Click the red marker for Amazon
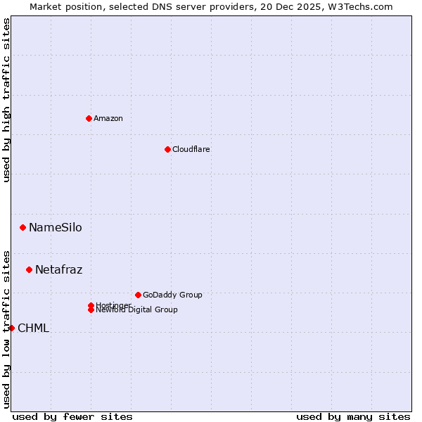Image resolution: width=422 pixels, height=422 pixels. click(x=89, y=118)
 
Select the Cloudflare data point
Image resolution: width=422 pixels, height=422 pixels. click(x=167, y=149)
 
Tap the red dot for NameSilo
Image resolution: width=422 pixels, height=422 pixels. click(x=23, y=227)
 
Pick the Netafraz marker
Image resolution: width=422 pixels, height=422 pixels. click(x=29, y=269)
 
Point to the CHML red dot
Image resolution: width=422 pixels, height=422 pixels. click(x=11, y=328)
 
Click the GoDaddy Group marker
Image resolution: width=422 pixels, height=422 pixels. click(x=138, y=295)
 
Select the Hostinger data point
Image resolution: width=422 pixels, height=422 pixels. click(x=91, y=305)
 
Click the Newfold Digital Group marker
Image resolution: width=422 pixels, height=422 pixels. click(x=91, y=310)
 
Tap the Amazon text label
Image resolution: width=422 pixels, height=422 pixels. click(x=108, y=118)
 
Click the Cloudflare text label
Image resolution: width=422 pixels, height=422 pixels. click(x=191, y=149)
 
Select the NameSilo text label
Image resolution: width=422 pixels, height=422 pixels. click(x=55, y=227)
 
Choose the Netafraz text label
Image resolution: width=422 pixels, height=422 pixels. click(x=58, y=269)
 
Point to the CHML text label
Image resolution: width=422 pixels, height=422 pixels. click(x=33, y=328)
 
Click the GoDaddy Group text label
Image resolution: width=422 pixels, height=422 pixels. click(x=172, y=295)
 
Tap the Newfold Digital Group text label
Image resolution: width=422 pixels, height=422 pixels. click(x=137, y=310)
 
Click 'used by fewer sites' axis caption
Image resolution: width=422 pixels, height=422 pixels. click(x=72, y=416)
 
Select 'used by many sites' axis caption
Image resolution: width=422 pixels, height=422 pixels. click(x=353, y=416)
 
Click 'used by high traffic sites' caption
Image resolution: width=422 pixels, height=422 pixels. click(x=6, y=101)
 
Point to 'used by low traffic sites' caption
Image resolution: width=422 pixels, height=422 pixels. click(x=6, y=328)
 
